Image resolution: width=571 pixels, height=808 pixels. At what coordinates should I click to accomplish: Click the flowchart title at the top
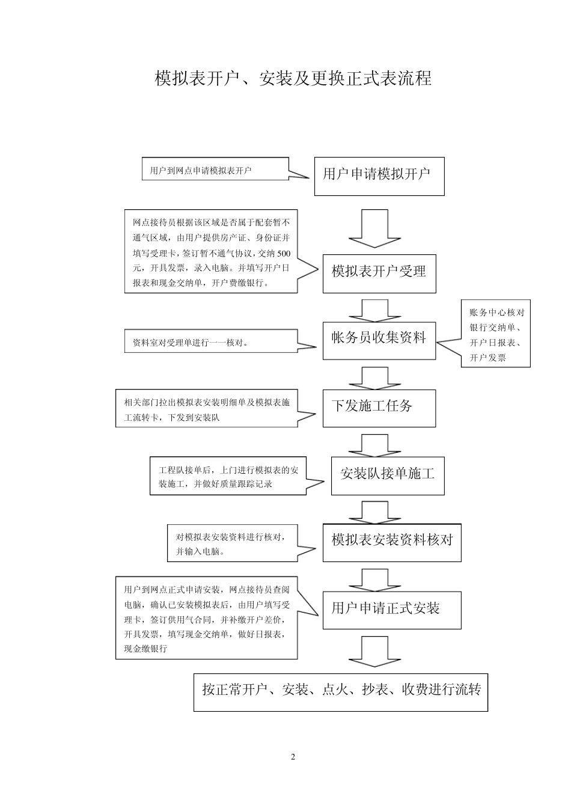293,79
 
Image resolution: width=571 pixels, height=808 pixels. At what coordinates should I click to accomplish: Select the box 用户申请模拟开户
379,176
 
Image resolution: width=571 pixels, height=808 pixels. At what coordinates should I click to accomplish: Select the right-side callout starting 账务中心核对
495,334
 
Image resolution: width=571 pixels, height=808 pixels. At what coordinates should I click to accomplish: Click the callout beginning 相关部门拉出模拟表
206,409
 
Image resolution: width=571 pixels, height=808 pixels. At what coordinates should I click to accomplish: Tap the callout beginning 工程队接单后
227,476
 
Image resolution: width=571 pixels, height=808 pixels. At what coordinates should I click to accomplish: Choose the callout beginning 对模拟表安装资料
232,543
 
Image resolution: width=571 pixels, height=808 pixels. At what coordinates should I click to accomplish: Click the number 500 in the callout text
283,253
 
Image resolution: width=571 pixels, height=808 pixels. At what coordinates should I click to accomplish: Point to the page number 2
293,757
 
